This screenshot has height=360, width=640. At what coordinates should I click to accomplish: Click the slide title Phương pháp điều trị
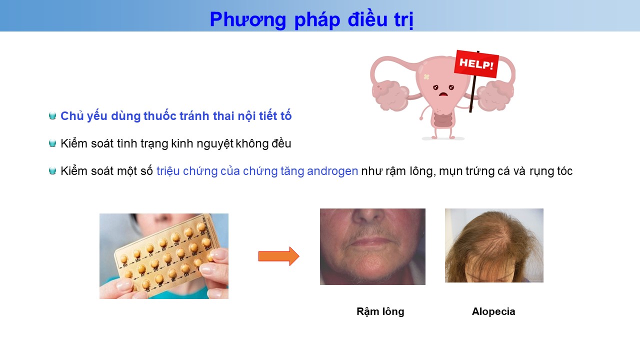pyautogui.click(x=311, y=19)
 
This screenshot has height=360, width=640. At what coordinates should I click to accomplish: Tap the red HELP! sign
pyautogui.click(x=476, y=63)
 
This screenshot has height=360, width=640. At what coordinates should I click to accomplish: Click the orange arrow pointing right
pyautogui.click(x=279, y=256)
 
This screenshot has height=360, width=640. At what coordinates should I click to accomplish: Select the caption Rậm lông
pyautogui.click(x=380, y=311)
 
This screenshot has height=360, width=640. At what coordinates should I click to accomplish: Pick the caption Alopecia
pyautogui.click(x=493, y=311)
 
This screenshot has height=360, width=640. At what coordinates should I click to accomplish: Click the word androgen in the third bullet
pyautogui.click(x=332, y=171)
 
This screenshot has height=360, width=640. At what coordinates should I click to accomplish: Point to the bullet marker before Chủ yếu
pyautogui.click(x=52, y=115)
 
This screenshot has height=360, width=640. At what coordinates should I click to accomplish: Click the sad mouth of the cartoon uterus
pyautogui.click(x=443, y=94)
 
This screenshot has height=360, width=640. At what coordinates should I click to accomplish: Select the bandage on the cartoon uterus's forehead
pyautogui.click(x=426, y=76)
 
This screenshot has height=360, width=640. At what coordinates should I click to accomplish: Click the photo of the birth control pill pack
pyautogui.click(x=163, y=256)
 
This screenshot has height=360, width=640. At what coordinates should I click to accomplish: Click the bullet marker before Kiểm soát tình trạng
pyautogui.click(x=52, y=143)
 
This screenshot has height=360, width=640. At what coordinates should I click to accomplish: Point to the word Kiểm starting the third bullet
pyautogui.click(x=74, y=171)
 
